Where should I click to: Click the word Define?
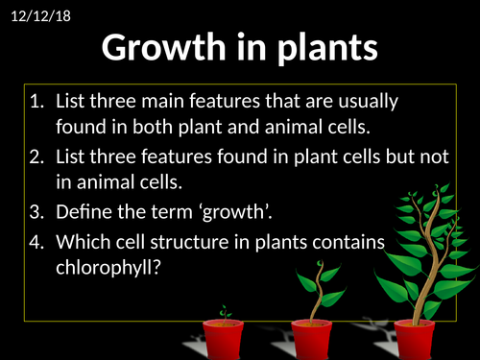[87, 212]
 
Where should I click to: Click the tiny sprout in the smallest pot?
[225, 313]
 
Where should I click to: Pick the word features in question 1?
[234, 101]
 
